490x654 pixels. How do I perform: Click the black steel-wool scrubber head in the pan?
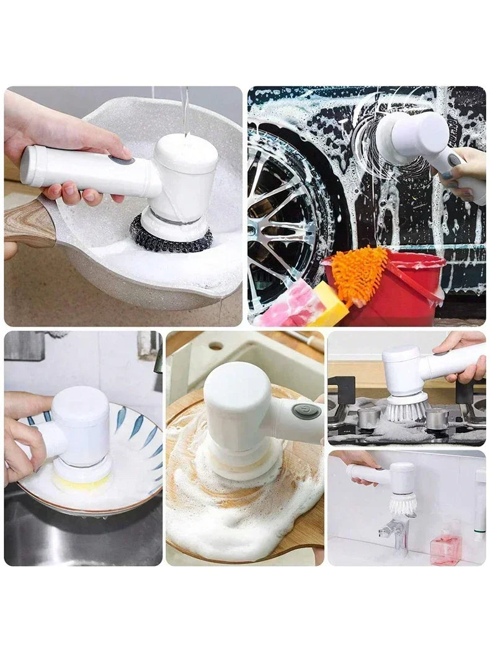pos(171,238)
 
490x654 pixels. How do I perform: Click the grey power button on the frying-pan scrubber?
pos(122,160)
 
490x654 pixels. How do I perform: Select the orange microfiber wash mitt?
pos(359,274)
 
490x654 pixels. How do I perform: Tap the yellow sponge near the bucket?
pos(329,305)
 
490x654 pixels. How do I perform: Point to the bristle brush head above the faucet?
pos(403,503)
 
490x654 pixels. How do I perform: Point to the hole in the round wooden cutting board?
pos(215,345)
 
